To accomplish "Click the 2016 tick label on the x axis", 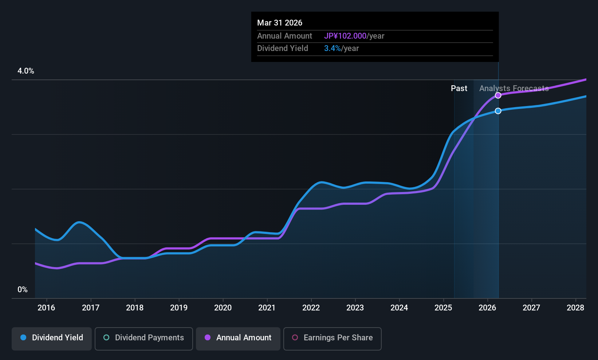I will pos(46,308).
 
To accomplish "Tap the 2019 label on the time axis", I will pos(179,308).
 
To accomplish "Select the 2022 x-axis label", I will pos(311,308).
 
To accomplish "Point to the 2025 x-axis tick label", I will pos(443,308).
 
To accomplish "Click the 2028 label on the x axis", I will pos(575,308).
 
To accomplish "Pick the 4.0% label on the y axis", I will pos(26,71).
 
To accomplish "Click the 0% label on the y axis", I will pos(23,290).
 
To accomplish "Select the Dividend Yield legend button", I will pos(52,338).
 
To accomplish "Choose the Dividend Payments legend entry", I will pos(144,338).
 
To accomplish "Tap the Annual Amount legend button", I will pos(238,338).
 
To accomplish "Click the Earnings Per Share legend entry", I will pos(333,338).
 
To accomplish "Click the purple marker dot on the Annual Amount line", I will pos(498,95).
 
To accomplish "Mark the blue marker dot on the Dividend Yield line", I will pos(498,111).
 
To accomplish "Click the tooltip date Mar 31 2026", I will pos(280,23).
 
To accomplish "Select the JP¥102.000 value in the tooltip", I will pos(345,36).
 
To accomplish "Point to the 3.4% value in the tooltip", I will pos(333,48).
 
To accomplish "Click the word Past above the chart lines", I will pos(459,89).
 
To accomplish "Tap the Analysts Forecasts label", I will pos(514,89).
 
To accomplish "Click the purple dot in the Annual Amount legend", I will pos(208,338).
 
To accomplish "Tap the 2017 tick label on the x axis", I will pos(91,308).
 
